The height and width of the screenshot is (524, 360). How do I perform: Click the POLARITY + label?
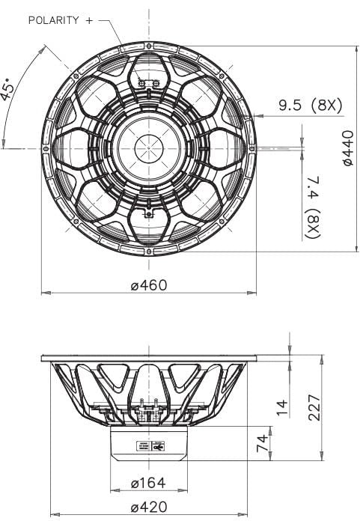61,20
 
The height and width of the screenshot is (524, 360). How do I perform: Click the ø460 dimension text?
147,284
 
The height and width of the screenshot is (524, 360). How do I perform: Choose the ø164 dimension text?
147,482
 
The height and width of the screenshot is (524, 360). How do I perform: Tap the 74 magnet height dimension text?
261,443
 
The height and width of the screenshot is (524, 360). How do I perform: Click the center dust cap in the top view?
148,147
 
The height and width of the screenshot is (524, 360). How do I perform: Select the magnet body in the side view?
149,442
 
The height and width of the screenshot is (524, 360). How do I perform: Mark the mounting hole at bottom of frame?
148,252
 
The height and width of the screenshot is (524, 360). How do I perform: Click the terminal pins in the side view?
148,405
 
